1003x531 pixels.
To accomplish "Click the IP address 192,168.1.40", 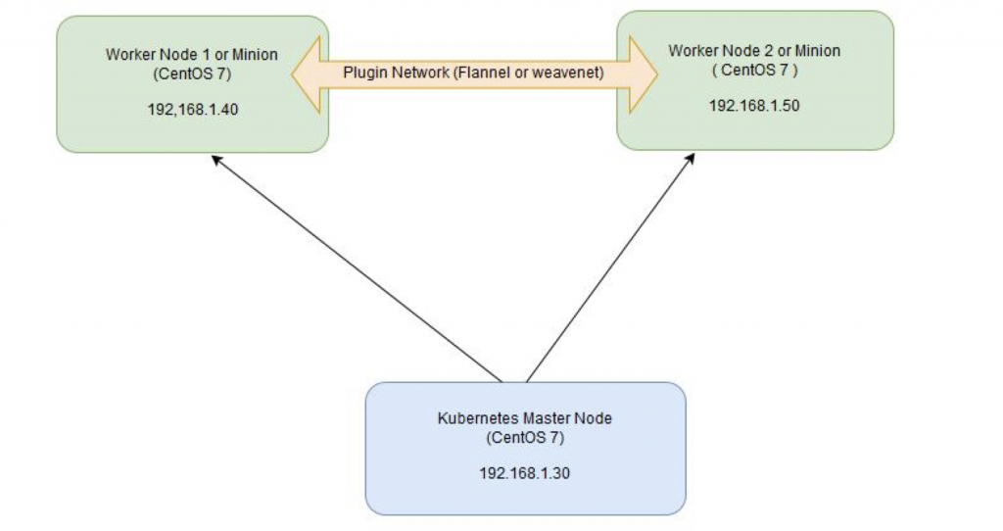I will point(191,110).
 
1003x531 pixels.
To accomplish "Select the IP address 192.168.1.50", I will point(754,106).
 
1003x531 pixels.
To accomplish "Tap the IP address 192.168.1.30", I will point(525,473).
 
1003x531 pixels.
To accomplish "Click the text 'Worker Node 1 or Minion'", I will point(191,55).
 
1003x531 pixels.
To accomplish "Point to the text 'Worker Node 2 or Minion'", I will point(755,49).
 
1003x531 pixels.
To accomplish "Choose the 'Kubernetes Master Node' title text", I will point(525,418).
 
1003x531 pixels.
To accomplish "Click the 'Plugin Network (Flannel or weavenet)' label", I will point(472,72).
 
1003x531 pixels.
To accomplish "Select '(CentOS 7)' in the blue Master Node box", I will point(525,436).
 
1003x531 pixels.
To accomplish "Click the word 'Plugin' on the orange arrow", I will point(362,72).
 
